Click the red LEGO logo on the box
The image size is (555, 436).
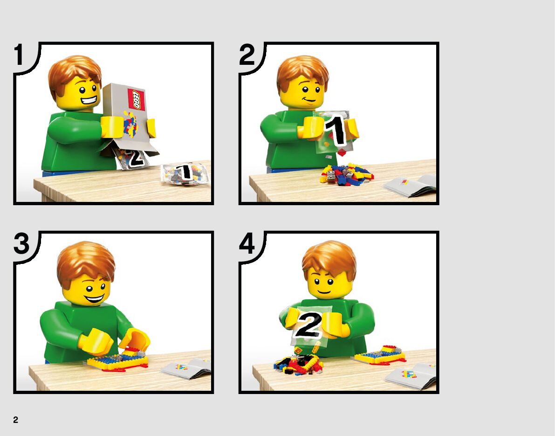136,99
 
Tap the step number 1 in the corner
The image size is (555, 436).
19,55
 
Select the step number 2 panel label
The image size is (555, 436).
247,55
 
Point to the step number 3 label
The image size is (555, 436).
21,243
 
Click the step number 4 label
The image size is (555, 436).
247,244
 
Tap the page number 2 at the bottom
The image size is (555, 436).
15,420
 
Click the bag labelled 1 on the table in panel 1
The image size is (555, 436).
185,174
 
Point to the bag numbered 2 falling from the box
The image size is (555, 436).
130,158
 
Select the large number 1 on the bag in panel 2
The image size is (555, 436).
336,131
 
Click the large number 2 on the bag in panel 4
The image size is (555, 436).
308,325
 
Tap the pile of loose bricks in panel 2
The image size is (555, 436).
346,174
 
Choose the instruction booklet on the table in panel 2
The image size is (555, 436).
410,185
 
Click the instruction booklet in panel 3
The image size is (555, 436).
186,368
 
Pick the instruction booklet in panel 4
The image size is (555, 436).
411,376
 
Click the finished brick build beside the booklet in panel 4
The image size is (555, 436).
380,355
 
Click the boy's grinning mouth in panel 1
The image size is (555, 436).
89,99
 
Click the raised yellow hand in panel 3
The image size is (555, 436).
135,339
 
